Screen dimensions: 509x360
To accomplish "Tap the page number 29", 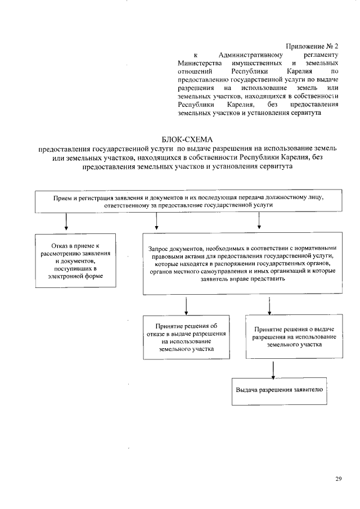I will tap(339, 479).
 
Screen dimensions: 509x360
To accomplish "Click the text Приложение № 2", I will tap(311, 45).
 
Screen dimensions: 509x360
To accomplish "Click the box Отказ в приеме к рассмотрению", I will tap(75, 260).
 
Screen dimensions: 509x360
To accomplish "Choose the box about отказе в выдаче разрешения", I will tap(187, 337).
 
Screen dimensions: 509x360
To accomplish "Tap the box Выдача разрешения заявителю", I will tap(279, 390).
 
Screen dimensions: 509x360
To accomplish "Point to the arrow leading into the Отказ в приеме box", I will tap(67, 223).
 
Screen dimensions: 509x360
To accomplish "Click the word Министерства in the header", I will tap(199, 64).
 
